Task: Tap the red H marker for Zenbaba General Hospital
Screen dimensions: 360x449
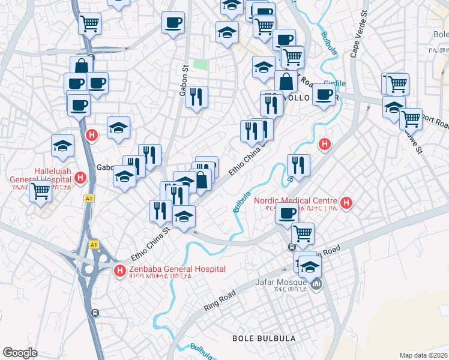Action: pyautogui.click(x=119, y=272)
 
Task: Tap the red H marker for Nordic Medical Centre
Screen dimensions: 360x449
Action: pyautogui.click(x=346, y=202)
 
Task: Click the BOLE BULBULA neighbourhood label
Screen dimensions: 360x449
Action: pyautogui.click(x=264, y=338)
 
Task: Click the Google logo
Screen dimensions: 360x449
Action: pyautogui.click(x=20, y=353)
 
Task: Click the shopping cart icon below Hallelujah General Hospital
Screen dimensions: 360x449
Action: pyautogui.click(x=40, y=191)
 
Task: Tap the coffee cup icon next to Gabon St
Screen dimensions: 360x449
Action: pyautogui.click(x=173, y=23)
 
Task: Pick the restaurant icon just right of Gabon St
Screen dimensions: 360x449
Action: pyautogui.click(x=196, y=96)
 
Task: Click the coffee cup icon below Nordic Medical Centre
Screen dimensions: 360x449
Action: pyautogui.click(x=288, y=212)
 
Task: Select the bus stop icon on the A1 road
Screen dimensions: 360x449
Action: pyautogui.click(x=95, y=313)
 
